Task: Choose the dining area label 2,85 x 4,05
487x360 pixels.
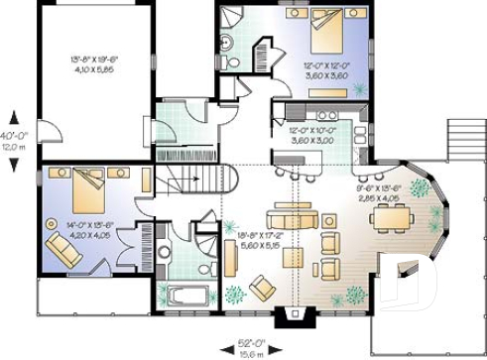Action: (378, 196)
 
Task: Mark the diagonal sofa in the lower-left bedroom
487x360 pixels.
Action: (65, 252)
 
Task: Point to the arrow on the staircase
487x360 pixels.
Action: (197, 180)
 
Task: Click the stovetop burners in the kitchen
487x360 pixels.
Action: (297, 112)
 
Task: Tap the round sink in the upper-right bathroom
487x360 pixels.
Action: (226, 42)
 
